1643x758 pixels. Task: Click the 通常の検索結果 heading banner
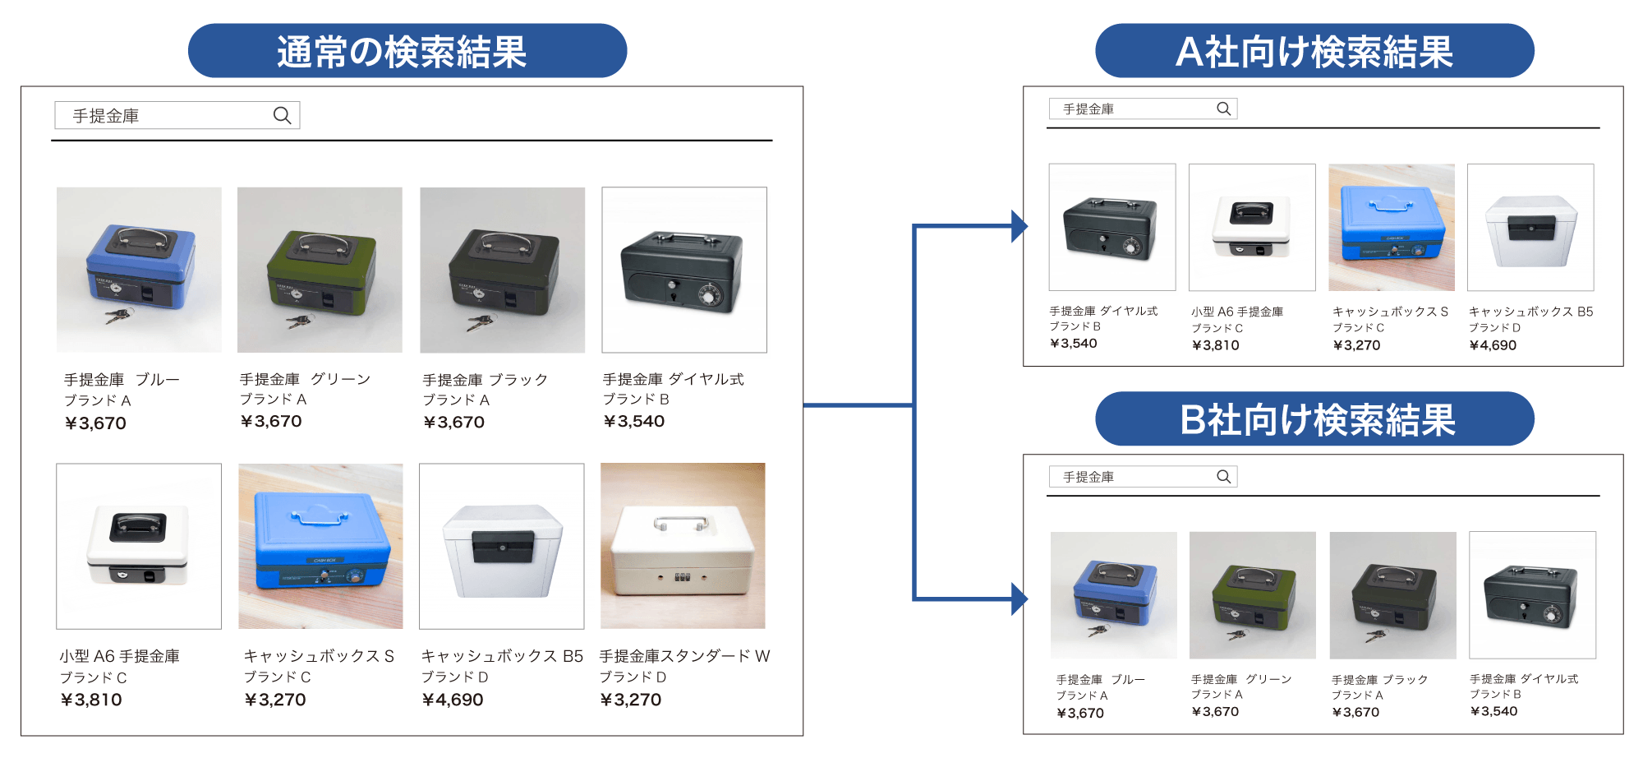407,51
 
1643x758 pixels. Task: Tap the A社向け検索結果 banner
1314,51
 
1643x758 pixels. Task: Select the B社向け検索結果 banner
1314,419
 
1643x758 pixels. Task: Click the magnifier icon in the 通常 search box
282,116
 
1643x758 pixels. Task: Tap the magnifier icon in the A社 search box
1223,109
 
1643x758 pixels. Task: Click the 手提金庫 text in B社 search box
1088,477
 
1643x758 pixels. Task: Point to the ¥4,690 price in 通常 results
453,700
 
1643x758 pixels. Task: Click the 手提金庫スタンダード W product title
684,656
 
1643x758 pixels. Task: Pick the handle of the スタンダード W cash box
681,523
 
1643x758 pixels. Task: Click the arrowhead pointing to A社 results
1019,226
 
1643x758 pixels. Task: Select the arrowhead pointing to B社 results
1019,599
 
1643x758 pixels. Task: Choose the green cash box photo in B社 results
1252,595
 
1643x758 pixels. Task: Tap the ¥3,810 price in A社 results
1215,345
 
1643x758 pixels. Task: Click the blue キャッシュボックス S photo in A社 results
1391,228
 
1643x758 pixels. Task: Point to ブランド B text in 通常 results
636,400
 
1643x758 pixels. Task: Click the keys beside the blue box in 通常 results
121,315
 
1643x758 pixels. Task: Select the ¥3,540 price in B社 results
1493,711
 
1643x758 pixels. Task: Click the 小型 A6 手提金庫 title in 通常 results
119,656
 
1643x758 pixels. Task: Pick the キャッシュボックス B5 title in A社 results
1530,312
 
